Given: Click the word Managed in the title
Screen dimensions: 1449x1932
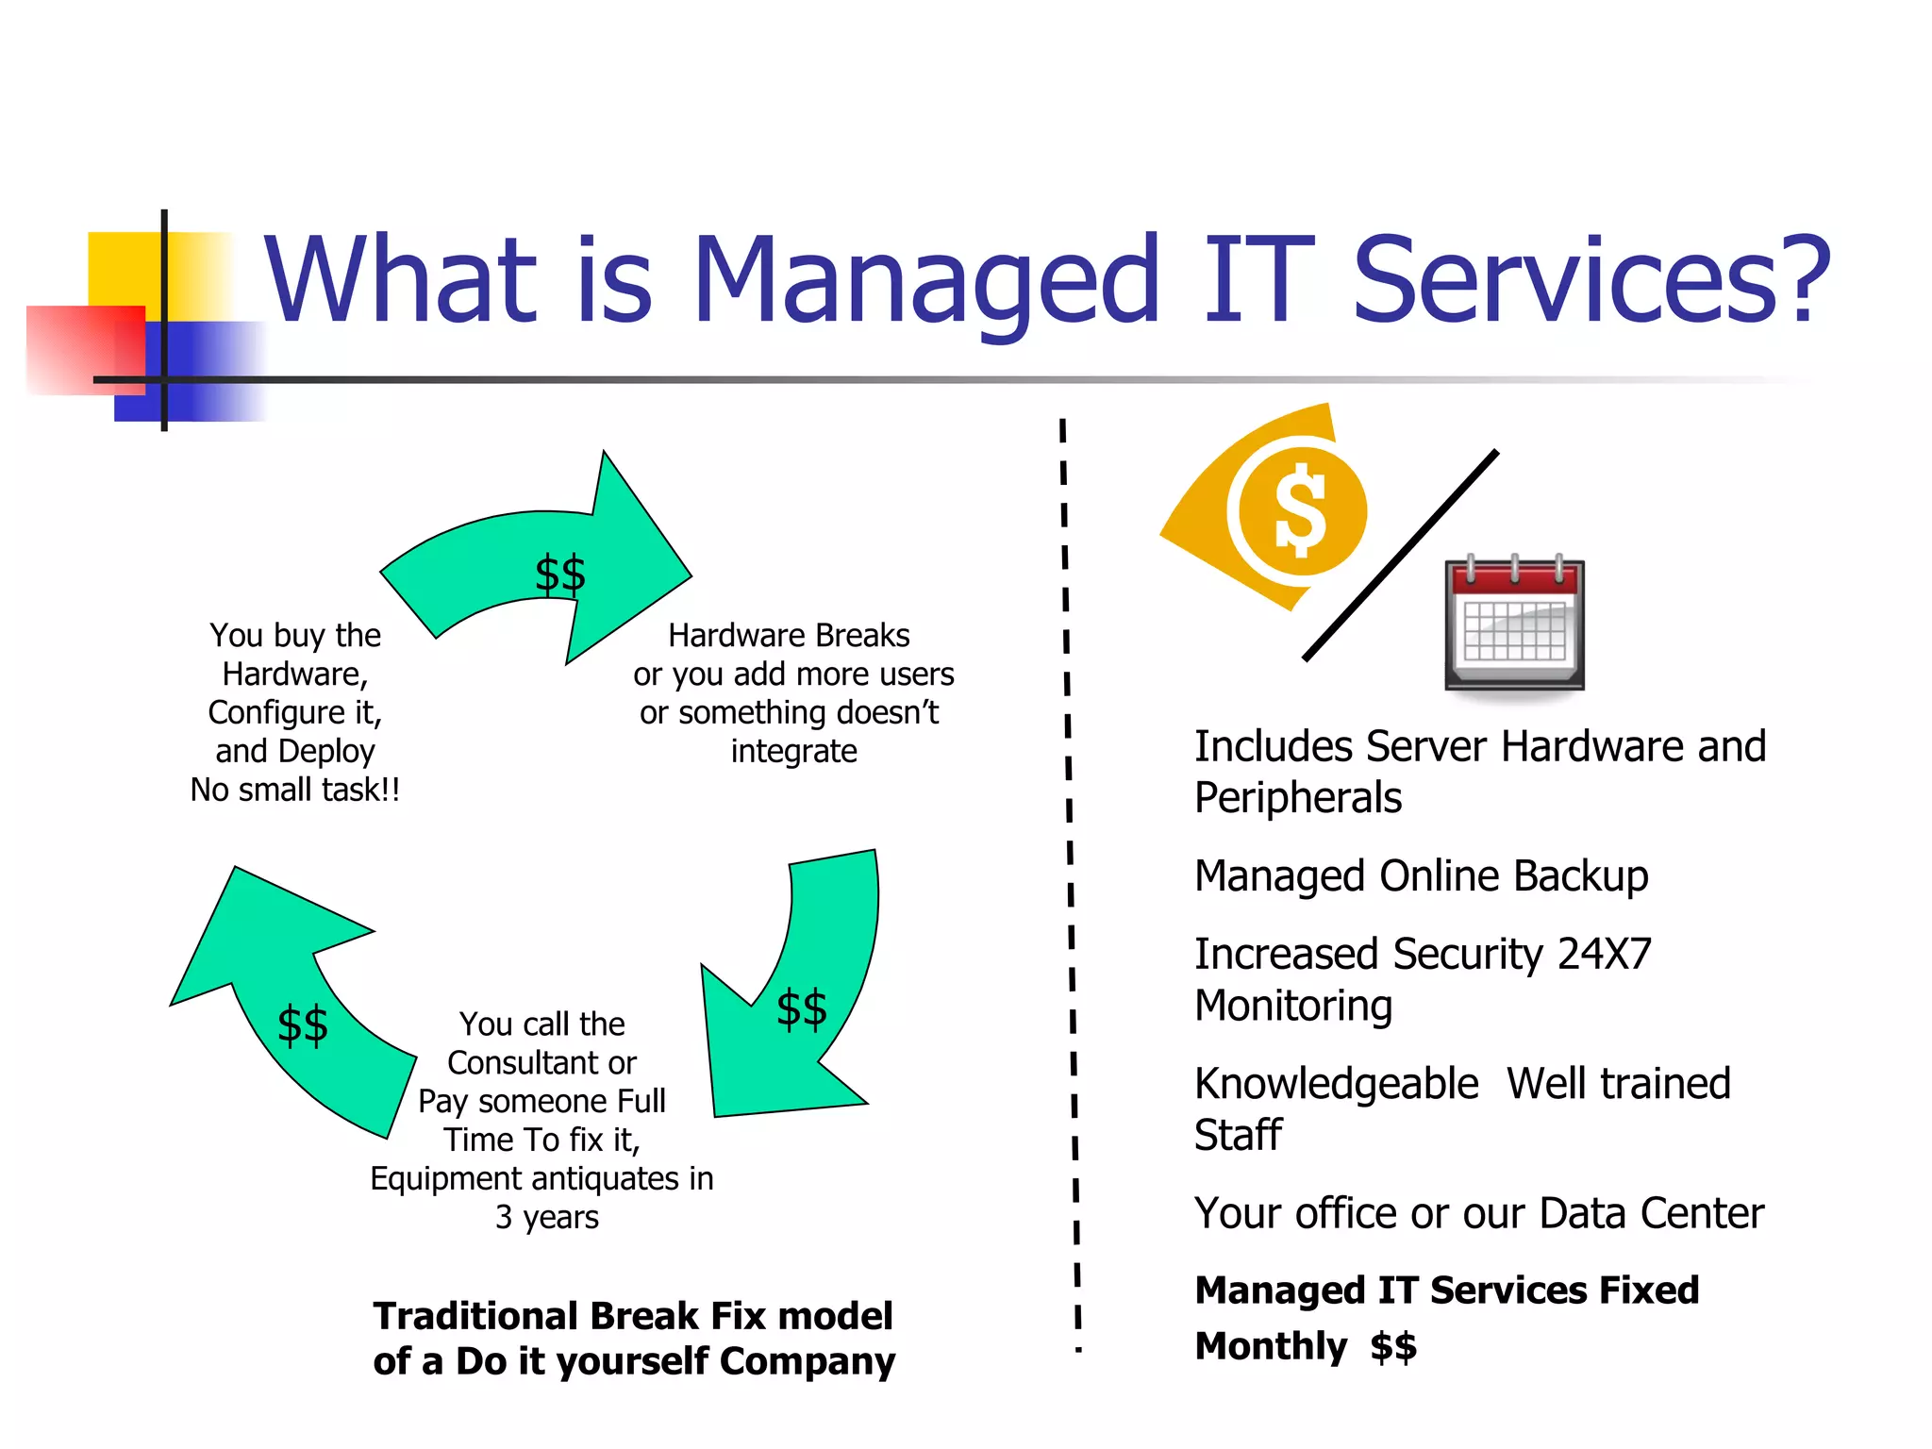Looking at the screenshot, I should click(924, 281).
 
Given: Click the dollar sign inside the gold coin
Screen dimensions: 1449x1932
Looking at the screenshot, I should click(1301, 510).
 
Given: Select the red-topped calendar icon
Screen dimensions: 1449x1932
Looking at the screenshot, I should click(1514, 625).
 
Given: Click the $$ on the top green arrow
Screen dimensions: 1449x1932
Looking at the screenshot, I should click(560, 575).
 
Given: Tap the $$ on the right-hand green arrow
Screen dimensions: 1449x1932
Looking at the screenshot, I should click(802, 1008).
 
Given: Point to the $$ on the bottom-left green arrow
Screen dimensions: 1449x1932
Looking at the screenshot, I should click(303, 1025).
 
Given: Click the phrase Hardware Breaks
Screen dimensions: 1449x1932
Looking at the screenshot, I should click(789, 636).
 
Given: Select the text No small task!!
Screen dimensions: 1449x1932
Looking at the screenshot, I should click(295, 790).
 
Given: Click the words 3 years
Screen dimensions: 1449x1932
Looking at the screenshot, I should click(547, 1217).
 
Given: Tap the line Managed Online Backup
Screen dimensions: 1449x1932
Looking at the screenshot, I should click(1421, 876).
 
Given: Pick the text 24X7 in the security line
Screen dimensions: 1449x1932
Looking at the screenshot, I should click(1604, 954).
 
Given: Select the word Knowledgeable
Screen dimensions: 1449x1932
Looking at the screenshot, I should click(1336, 1084).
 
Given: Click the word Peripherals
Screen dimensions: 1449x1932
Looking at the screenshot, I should click(1298, 798).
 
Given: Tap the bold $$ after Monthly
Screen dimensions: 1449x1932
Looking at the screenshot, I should click(1393, 1346).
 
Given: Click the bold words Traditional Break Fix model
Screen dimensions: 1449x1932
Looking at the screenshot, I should click(632, 1316).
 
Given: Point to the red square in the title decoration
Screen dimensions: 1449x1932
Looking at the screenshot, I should click(75, 347).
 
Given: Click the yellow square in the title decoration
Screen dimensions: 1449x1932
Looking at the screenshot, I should click(123, 268).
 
